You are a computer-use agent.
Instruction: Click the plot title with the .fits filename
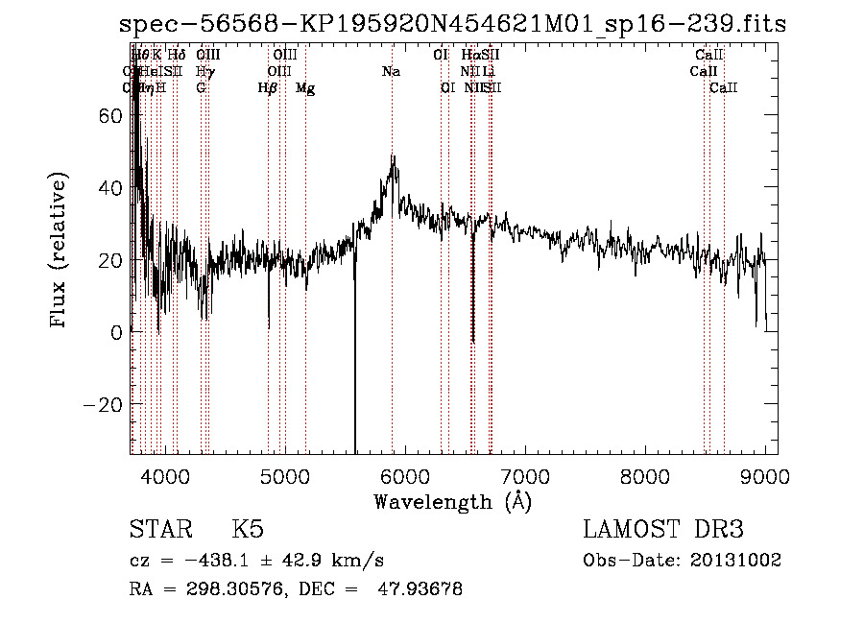(x=452, y=24)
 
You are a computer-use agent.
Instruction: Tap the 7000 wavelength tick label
(x=524, y=475)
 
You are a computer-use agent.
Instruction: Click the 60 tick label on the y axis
(x=113, y=115)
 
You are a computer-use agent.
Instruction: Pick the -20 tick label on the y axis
(x=108, y=404)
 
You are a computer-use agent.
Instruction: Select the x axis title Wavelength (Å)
(x=452, y=501)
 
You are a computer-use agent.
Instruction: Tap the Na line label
(x=392, y=72)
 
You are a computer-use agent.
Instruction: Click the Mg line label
(x=305, y=88)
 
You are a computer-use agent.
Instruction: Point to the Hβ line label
(x=268, y=88)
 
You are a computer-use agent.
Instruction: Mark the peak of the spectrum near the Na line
(x=393, y=156)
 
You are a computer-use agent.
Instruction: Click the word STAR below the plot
(x=160, y=530)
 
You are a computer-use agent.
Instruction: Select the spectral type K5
(x=248, y=530)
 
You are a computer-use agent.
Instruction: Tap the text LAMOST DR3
(x=663, y=530)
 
